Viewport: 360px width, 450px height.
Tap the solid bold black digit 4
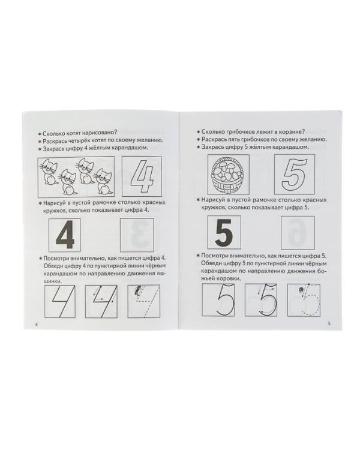65,234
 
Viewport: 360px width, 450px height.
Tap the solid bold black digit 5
223,232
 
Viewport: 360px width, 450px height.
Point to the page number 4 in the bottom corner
36,325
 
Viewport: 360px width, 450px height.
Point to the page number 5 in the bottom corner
329,324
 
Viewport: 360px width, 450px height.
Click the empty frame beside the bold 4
137,235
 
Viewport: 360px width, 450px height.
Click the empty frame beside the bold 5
298,233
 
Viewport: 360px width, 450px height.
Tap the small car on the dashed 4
137,290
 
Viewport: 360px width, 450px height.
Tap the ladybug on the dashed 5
301,290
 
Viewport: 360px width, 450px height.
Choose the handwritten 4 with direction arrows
101,301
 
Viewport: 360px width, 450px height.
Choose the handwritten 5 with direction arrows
261,300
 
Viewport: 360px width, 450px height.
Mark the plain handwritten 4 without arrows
59,302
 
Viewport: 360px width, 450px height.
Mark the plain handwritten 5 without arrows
218,300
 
